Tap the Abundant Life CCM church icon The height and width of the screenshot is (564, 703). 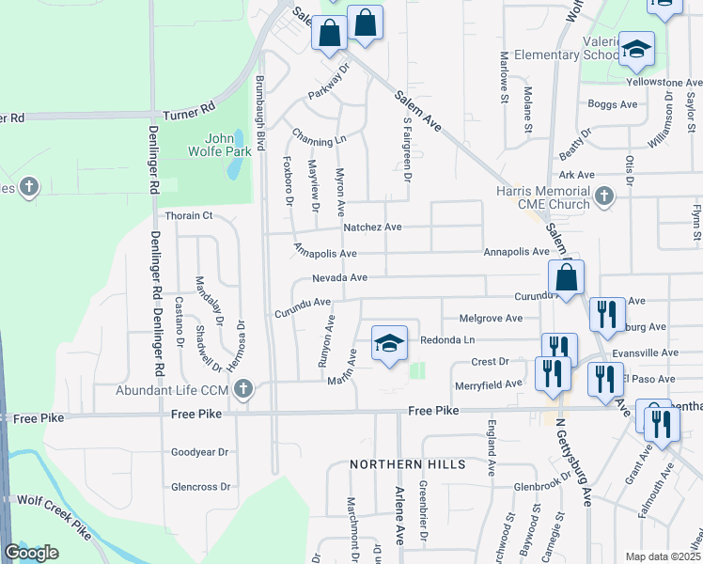pos(244,388)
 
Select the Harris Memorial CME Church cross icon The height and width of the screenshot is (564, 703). pos(604,197)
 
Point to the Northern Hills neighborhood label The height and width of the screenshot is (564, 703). pos(407,464)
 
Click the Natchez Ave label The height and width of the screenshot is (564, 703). pos(372,227)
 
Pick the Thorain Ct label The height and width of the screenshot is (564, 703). pos(183,215)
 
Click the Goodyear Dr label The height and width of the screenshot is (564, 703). pos(200,451)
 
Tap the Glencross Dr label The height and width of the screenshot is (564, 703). pos(200,486)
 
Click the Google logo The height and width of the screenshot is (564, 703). pos(31,552)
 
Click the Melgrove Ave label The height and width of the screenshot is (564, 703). pos(489,319)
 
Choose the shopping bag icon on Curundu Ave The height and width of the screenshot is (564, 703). pos(567,278)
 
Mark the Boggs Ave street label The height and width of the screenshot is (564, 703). pos(605,104)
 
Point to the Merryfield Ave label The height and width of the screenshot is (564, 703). pos(488,384)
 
